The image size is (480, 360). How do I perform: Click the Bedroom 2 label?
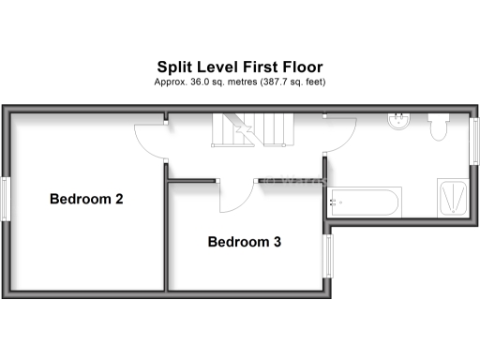[x=87, y=199]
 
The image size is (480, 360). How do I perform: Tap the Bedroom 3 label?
[x=245, y=242]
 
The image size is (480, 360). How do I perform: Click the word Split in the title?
[x=174, y=67]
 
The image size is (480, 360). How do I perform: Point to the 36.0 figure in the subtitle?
[x=200, y=82]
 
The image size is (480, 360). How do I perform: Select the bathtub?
[x=366, y=201]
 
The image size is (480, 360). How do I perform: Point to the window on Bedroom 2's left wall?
[x=8, y=200]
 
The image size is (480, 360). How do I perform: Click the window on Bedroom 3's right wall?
[x=328, y=256]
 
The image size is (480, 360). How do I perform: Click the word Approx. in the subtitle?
[x=170, y=82]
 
